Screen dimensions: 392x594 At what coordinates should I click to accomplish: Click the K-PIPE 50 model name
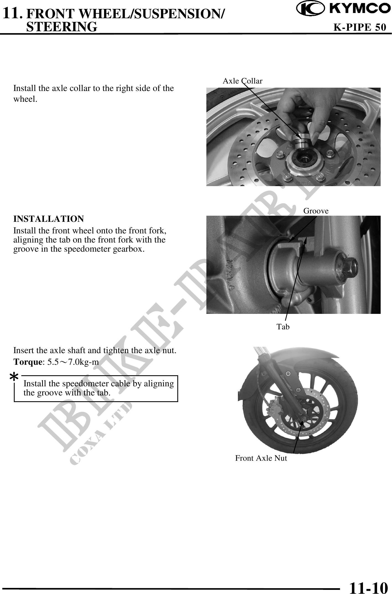coord(360,27)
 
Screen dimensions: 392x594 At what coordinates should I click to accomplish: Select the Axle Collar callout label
coord(242,81)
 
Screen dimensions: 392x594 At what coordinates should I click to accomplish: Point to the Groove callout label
coord(316,211)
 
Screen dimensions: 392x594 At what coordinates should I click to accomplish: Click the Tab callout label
coord(283,327)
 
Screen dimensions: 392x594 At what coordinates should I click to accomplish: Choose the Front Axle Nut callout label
coord(261,458)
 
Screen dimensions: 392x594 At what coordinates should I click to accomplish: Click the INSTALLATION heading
coord(49,219)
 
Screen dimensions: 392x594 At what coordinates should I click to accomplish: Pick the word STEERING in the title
coord(62,27)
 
